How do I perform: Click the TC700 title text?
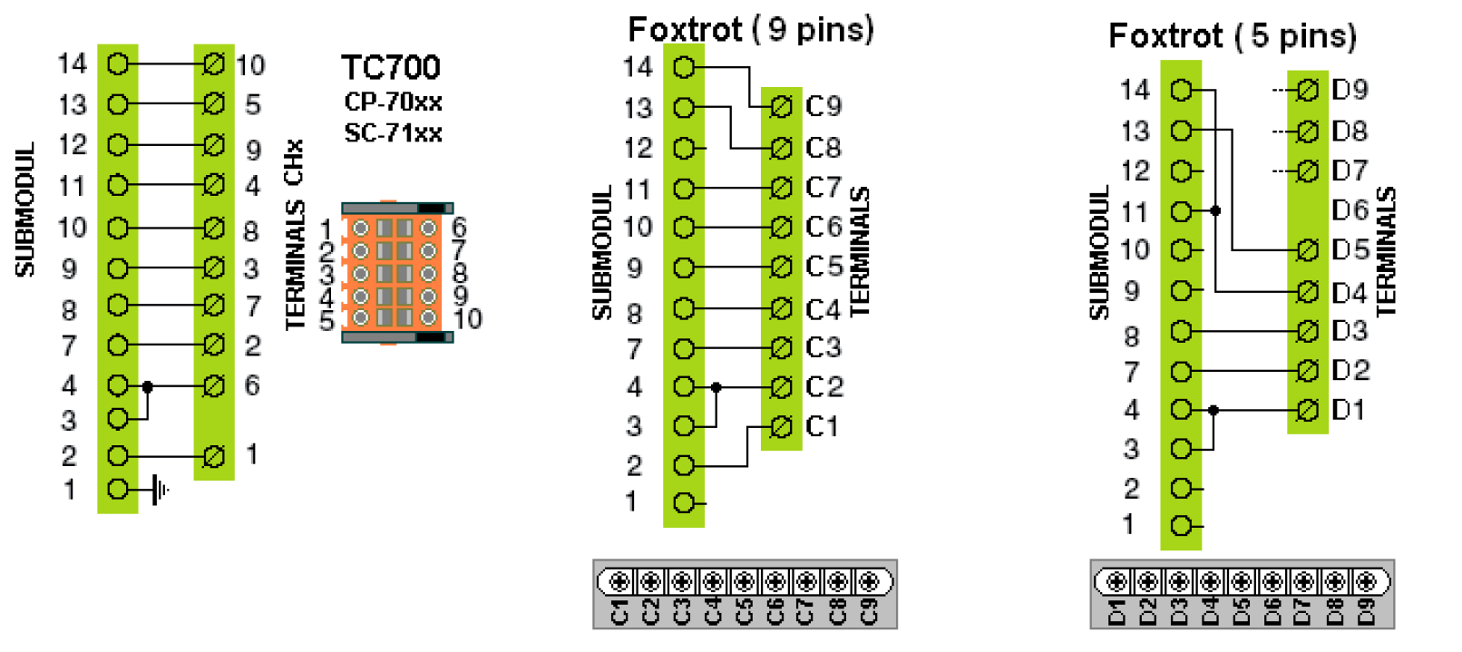[391, 68]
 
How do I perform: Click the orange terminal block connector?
[395, 272]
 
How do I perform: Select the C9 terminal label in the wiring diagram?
[824, 107]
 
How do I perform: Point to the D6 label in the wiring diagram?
[1350, 210]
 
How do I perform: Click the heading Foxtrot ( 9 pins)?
[750, 30]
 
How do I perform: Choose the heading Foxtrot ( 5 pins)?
[1232, 36]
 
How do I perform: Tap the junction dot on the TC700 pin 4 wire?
[148, 387]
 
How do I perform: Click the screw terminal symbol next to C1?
[780, 426]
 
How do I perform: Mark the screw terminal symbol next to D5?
[1307, 249]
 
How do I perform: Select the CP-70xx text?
[393, 102]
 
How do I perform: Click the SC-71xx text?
[393, 133]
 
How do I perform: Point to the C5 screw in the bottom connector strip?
[744, 581]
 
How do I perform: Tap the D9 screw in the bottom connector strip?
[1365, 581]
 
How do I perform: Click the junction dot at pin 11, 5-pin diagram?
[1215, 210]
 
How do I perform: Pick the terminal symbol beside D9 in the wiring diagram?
[1307, 90]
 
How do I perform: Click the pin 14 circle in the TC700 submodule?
[118, 63]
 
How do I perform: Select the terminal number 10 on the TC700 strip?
[250, 65]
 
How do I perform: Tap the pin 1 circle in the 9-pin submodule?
[684, 503]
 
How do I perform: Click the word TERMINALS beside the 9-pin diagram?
[859, 251]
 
